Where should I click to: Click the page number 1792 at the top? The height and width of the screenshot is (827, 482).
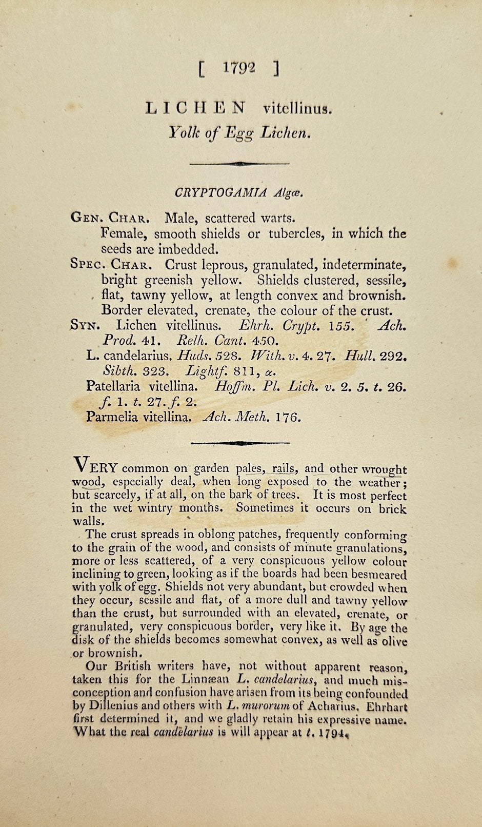pyautogui.click(x=239, y=68)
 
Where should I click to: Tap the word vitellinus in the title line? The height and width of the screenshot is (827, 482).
pyautogui.click(x=297, y=109)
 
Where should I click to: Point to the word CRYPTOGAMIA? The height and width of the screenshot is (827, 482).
pyautogui.click(x=220, y=193)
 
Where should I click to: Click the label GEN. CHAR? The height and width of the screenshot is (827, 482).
pyautogui.click(x=110, y=218)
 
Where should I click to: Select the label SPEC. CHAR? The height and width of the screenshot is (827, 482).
pyautogui.click(x=110, y=265)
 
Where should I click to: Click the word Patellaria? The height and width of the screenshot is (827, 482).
pyautogui.click(x=114, y=386)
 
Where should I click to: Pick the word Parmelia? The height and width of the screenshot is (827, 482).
pyautogui.click(x=112, y=417)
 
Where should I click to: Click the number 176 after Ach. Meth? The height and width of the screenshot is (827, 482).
pyautogui.click(x=288, y=417)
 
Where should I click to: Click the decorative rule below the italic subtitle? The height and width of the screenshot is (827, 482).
pyautogui.click(x=239, y=164)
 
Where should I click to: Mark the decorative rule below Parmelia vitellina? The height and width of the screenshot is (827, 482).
pyautogui.click(x=239, y=442)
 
